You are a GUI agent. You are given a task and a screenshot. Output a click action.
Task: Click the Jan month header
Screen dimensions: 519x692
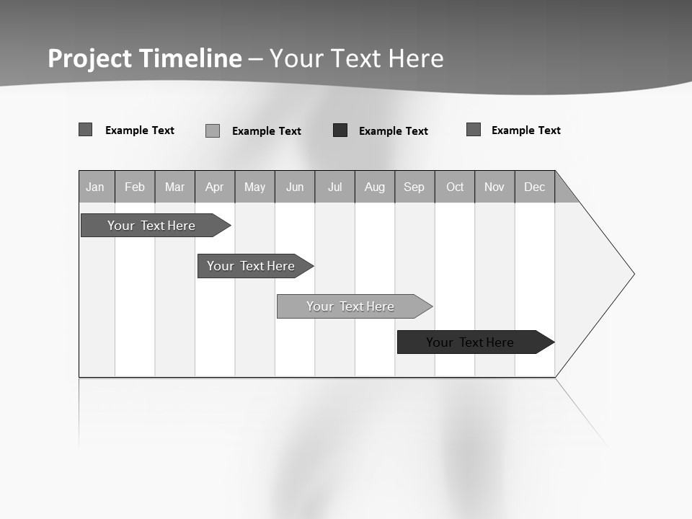pyautogui.click(x=96, y=187)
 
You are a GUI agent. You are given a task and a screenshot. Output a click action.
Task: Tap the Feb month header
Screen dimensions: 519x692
pyautogui.click(x=135, y=187)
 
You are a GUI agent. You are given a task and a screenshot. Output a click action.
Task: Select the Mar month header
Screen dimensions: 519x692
pyautogui.click(x=174, y=187)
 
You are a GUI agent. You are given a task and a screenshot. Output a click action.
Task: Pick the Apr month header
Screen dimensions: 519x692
pyautogui.click(x=215, y=187)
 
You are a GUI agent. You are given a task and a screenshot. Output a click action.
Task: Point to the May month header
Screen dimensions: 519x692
pyautogui.click(x=254, y=187)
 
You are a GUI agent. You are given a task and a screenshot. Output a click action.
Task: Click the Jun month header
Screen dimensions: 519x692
pyautogui.click(x=295, y=187)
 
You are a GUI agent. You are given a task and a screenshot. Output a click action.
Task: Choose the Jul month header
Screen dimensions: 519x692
pyautogui.click(x=334, y=187)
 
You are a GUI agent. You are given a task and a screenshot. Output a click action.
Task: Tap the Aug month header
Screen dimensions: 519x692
pyautogui.click(x=375, y=187)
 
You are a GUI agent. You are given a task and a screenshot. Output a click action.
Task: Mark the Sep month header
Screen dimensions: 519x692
pyautogui.click(x=414, y=187)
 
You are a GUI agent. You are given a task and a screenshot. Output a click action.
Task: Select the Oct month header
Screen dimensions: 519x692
pyautogui.click(x=455, y=187)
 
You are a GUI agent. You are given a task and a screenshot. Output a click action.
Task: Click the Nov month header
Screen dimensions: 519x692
pyautogui.click(x=494, y=187)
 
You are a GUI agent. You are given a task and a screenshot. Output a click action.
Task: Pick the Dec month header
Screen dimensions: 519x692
pyautogui.click(x=535, y=187)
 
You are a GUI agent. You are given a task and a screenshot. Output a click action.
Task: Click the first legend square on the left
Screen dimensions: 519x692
pyautogui.click(x=86, y=130)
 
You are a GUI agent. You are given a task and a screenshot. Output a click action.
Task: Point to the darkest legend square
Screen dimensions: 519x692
pyautogui.click(x=340, y=130)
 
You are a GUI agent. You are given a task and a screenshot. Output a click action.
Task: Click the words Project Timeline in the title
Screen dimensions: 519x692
pyautogui.click(x=145, y=58)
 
